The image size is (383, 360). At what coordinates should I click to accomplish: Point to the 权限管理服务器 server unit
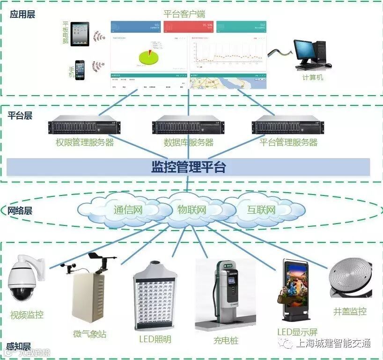point(85,126)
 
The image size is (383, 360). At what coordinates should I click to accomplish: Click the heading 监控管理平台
point(188,167)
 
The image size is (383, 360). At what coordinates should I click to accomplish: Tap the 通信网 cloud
point(128,210)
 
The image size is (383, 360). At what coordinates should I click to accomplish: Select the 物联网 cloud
point(191,209)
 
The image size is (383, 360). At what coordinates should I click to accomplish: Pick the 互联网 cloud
point(261,210)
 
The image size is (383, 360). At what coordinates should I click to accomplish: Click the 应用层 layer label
point(22,15)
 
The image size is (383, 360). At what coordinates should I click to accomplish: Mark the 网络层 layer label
point(20,210)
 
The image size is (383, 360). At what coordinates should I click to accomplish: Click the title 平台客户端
point(184,14)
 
